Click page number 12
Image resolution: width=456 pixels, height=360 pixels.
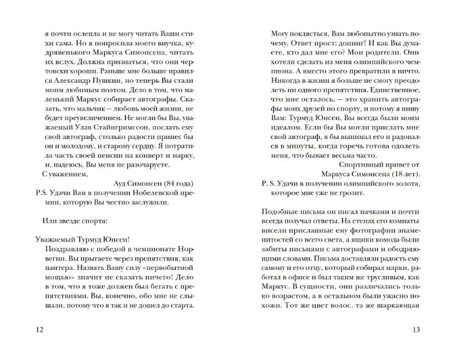coord(40,331)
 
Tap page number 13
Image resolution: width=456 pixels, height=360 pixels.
coord(415,331)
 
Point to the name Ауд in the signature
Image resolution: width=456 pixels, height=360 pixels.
coord(121,182)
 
